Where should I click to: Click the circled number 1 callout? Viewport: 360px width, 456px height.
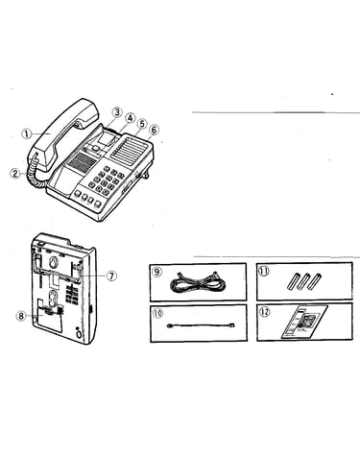[27, 133]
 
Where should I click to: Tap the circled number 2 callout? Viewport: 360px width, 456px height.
[15, 174]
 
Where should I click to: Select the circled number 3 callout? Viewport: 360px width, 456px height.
[117, 112]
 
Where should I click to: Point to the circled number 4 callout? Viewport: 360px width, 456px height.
[130, 118]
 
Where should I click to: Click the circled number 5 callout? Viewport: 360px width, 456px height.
[142, 124]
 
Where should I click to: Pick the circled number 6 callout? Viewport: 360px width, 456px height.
[154, 131]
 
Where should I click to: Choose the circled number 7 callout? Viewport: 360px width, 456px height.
[111, 276]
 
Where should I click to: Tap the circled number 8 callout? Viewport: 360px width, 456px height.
[21, 316]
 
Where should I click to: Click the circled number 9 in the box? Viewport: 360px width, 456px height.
[157, 272]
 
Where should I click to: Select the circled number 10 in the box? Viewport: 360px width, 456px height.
[157, 313]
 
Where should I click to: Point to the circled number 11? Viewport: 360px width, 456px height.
[264, 271]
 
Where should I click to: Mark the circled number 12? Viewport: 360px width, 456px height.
[264, 311]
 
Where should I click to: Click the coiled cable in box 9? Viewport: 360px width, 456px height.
[198, 281]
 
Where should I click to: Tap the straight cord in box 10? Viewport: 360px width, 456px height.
[202, 325]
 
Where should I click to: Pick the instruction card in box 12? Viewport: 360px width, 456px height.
[304, 323]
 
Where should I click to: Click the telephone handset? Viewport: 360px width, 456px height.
[62, 132]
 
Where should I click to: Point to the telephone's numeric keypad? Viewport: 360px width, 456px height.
[106, 180]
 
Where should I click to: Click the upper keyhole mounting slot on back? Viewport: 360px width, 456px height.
[53, 262]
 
